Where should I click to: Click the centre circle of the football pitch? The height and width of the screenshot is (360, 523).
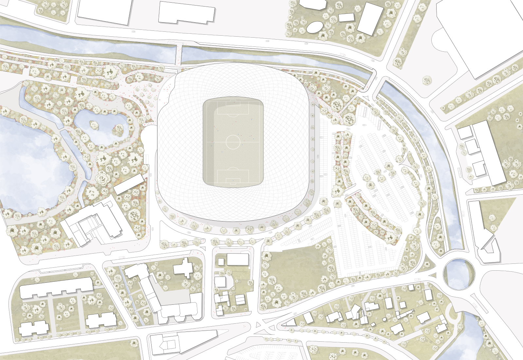click(x=233, y=142)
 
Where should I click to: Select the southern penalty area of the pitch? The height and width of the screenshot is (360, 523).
click(x=233, y=176)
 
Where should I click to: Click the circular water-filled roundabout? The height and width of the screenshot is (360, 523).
click(x=459, y=274)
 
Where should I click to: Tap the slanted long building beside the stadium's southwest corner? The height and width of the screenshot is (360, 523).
click(x=129, y=184)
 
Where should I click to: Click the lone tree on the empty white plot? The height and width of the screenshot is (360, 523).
click(x=427, y=80)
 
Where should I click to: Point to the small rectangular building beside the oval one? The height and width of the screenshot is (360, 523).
click(x=346, y=17)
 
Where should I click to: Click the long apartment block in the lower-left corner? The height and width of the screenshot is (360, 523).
click(x=56, y=288)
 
